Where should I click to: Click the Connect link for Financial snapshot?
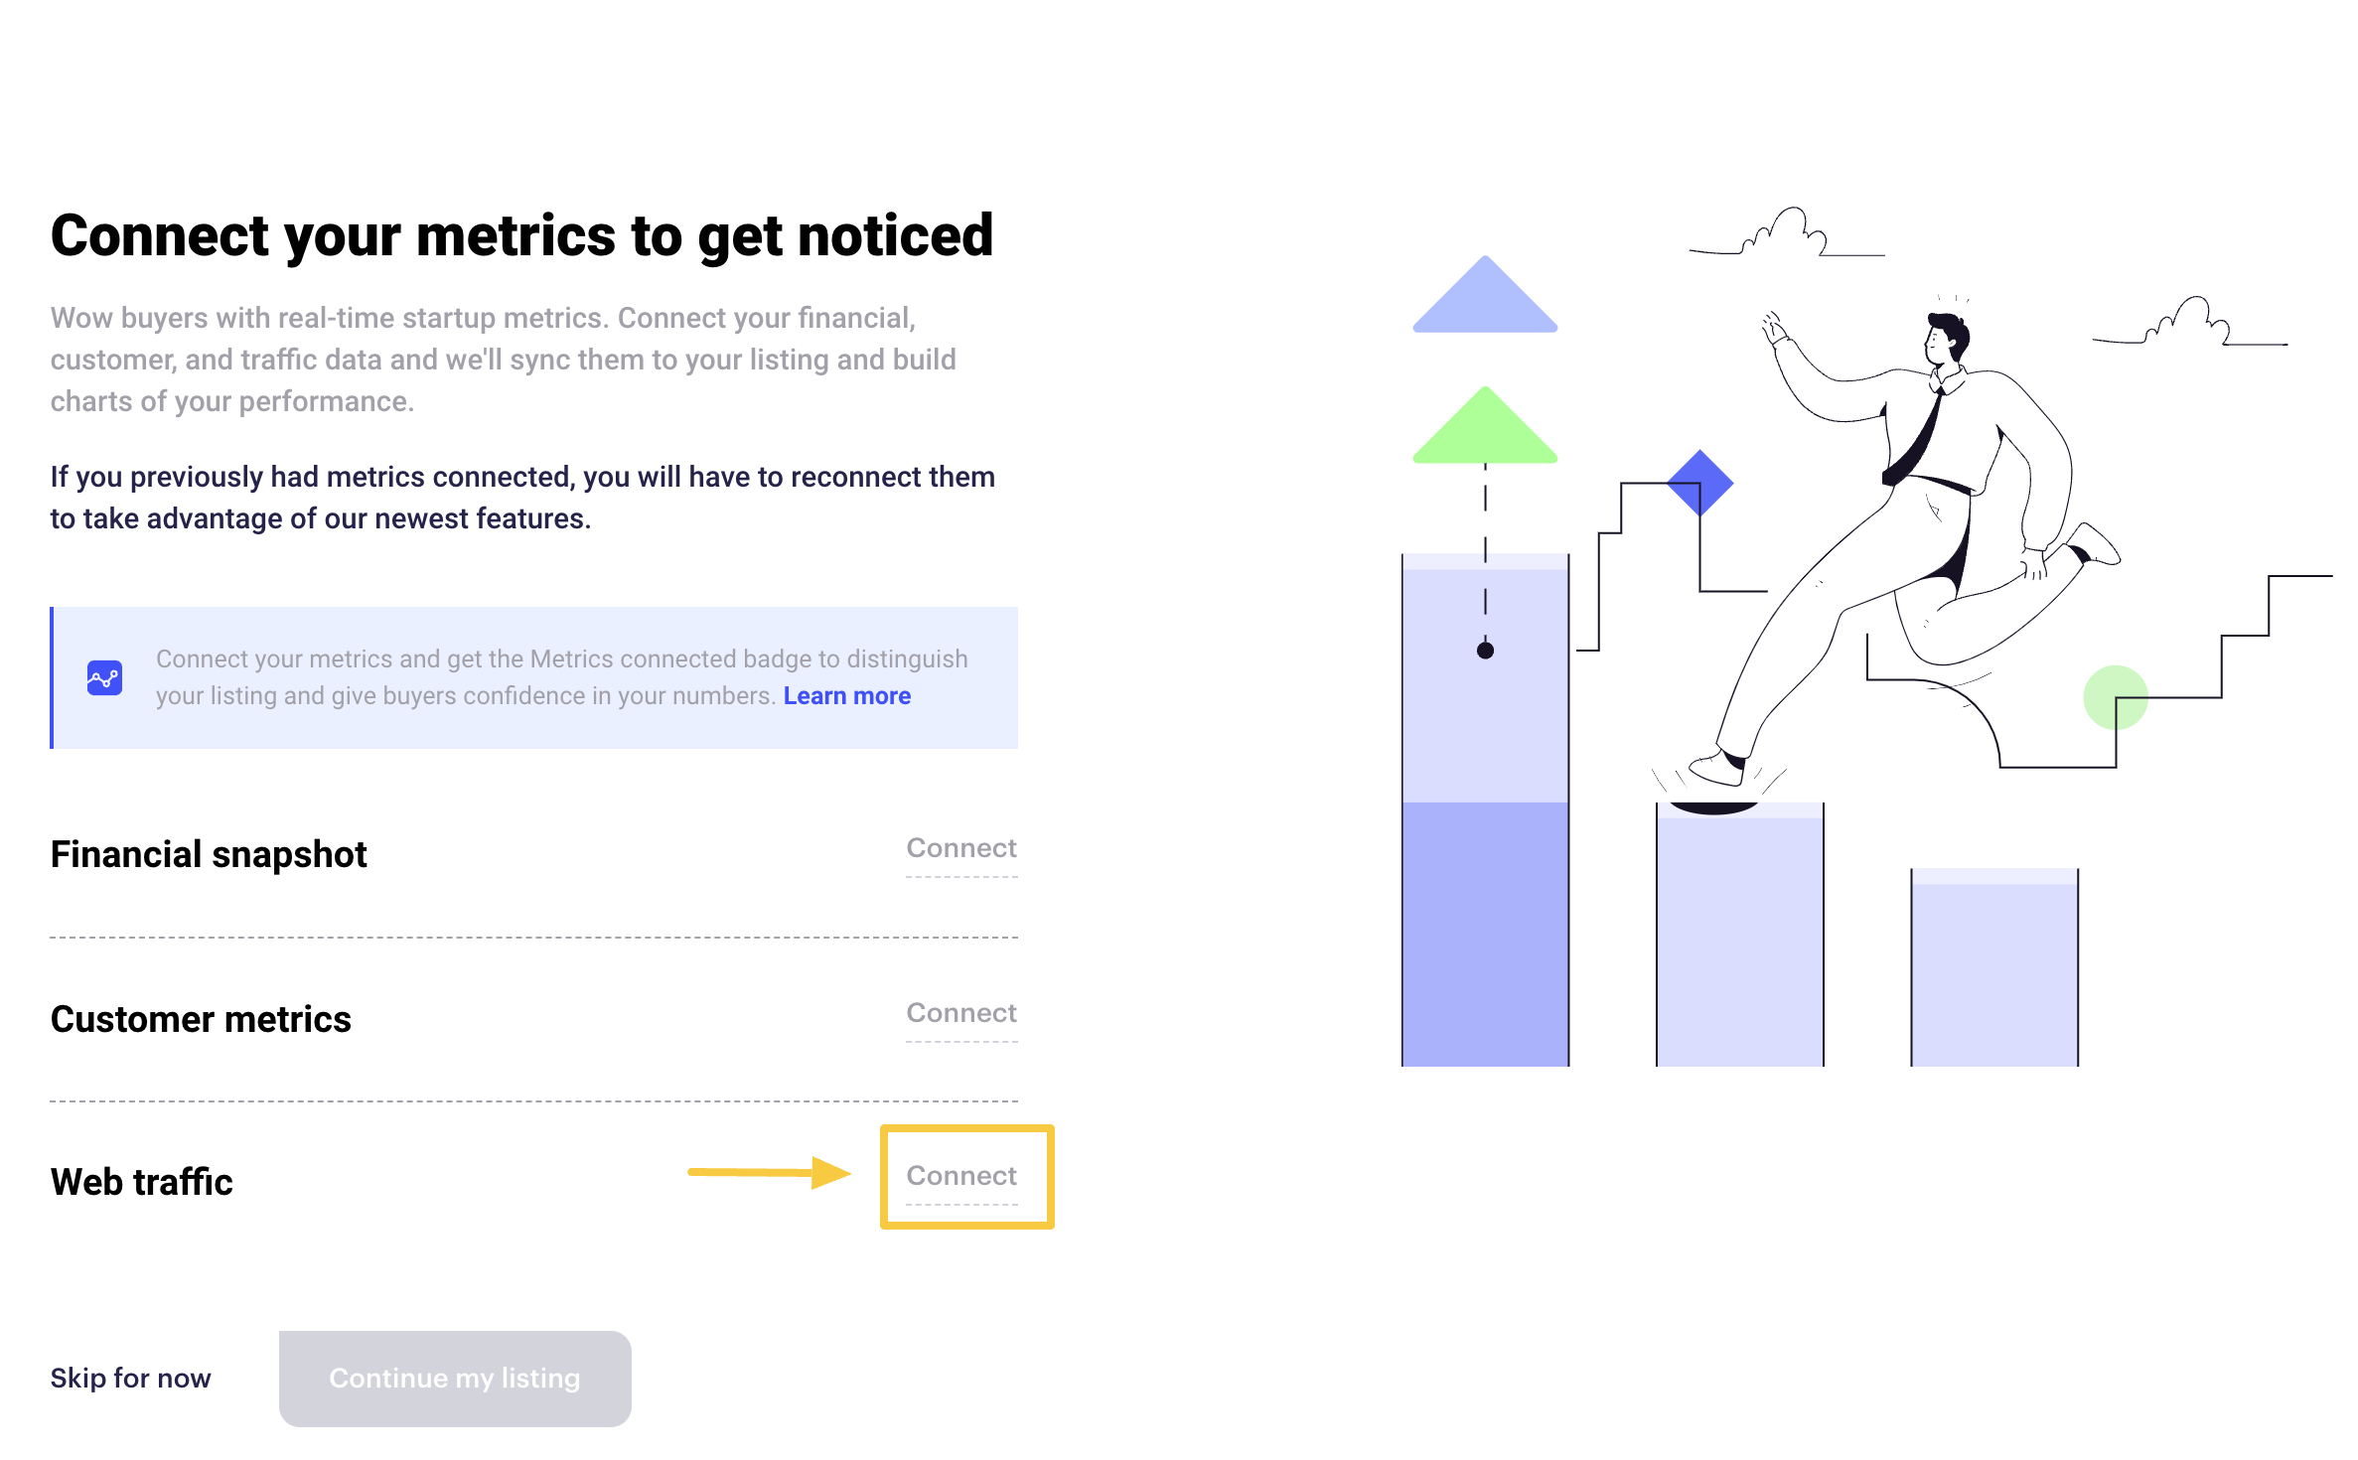pyautogui.click(x=961, y=848)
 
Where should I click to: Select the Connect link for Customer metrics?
pyautogui.click(x=961, y=1013)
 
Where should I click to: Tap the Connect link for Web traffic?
pyautogui.click(x=961, y=1176)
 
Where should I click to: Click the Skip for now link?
pyautogui.click(x=130, y=1378)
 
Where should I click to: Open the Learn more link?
pyautogui.click(x=847, y=696)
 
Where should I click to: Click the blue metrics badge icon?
pyautogui.click(x=104, y=678)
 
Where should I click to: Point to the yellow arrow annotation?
pyautogui.click(x=770, y=1173)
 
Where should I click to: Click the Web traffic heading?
pyautogui.click(x=142, y=1182)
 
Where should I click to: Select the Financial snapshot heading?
pyautogui.click(x=209, y=854)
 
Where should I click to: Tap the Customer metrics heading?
pyautogui.click(x=201, y=1019)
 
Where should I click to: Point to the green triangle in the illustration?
pyautogui.click(x=1485, y=427)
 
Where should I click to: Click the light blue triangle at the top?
pyautogui.click(x=1485, y=296)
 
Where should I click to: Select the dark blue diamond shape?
pyautogui.click(x=1700, y=484)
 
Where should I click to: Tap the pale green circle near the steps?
pyautogui.click(x=2116, y=697)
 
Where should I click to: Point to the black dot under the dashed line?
pyautogui.click(x=1485, y=651)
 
